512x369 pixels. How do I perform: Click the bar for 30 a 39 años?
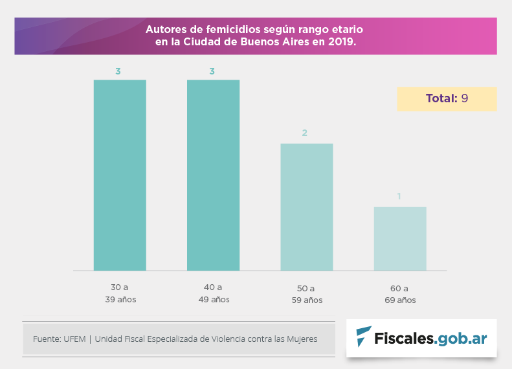coord(120,175)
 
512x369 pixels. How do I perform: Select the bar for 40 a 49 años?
coord(213,175)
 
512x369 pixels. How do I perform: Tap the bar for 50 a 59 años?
coord(306,207)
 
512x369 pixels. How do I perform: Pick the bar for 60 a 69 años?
coord(399,238)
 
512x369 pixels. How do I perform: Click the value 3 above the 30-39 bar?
coord(118,71)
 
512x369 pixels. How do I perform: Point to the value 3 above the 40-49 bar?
coord(212,71)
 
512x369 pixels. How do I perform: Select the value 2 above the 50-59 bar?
coord(304,133)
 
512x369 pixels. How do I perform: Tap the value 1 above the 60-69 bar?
coord(399,196)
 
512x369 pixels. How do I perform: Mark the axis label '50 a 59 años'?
coord(307,294)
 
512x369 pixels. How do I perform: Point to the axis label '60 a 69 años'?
coord(400,294)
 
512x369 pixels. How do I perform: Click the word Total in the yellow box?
coord(440,98)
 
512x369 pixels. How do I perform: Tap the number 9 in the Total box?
coord(465,98)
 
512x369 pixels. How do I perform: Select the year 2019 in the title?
coord(340,41)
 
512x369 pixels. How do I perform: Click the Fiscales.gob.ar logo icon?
coord(364,337)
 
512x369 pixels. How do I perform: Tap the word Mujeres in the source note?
coord(301,339)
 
